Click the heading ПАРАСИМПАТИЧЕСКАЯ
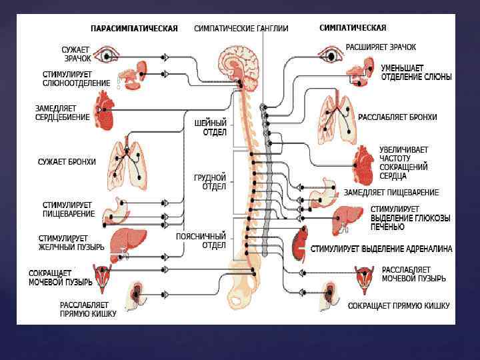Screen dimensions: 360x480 [134, 29]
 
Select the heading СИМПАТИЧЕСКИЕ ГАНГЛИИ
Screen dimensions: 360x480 [241, 29]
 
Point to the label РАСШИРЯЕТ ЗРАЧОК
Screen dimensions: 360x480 [381, 48]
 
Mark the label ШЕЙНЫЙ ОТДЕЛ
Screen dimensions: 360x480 [211, 128]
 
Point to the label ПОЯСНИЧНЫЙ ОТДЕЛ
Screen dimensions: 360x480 [201, 240]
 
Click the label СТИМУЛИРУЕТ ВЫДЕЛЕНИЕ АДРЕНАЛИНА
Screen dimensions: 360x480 [381, 249]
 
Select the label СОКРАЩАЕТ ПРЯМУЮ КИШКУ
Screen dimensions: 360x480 [398, 306]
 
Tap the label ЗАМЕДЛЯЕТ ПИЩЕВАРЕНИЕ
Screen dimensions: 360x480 [391, 193]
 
